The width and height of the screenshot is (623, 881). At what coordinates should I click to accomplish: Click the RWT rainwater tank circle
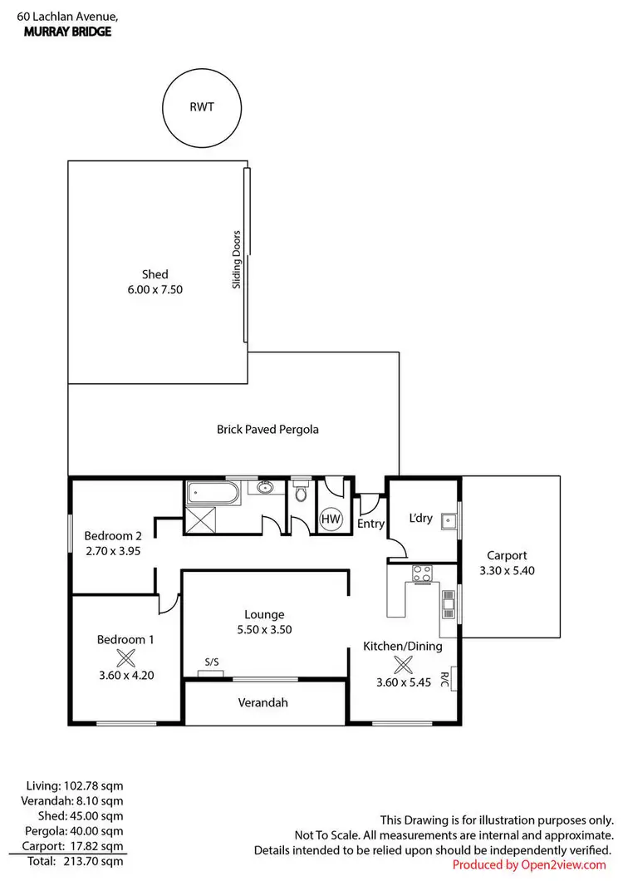coord(202,106)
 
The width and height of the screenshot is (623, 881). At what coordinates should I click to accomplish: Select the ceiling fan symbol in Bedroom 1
coord(125,658)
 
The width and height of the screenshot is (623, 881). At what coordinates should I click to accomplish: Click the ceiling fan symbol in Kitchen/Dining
coord(403,664)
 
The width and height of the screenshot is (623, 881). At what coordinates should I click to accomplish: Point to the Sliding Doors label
coord(237,259)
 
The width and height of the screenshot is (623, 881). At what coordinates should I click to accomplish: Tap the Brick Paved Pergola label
coord(267,430)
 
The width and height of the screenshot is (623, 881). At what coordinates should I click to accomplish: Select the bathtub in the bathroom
coord(211,494)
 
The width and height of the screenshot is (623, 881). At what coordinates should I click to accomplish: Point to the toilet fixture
coord(300,495)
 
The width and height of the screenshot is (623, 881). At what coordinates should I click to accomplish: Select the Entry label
coord(370,524)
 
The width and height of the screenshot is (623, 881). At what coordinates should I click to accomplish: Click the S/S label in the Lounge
coord(212,662)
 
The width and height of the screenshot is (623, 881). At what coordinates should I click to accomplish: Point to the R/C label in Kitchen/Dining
coord(445,679)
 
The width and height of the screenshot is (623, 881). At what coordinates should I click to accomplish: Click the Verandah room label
coord(264,702)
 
